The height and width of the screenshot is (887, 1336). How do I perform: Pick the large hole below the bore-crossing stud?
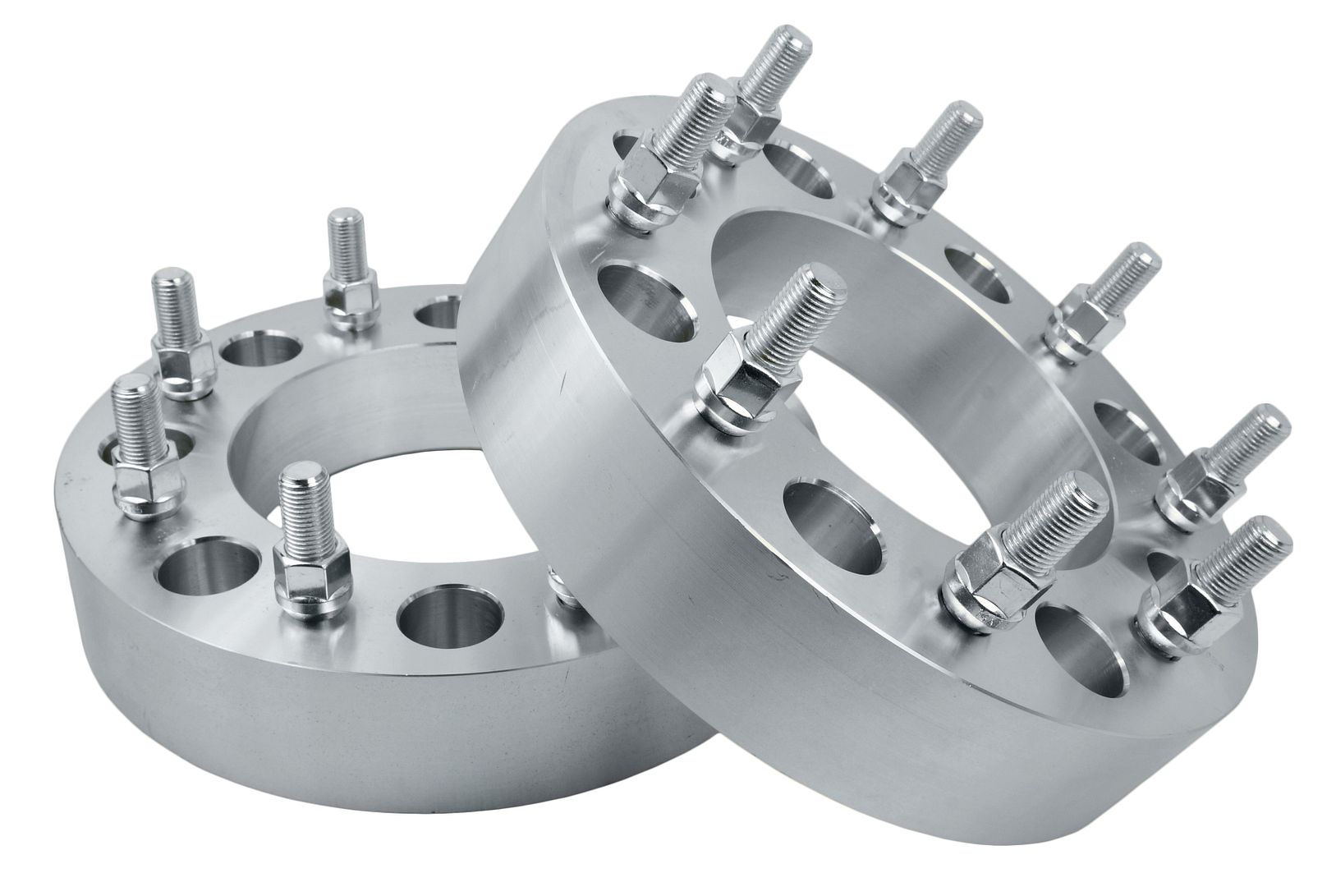pyautogui.click(x=833, y=526)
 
